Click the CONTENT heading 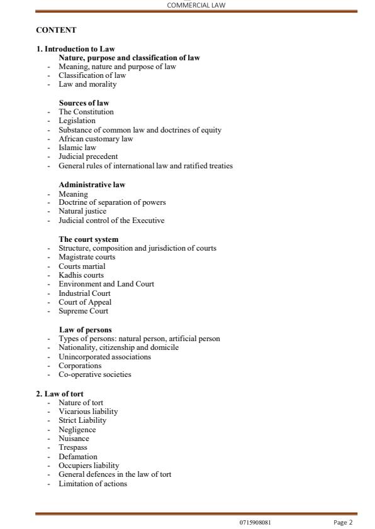56,30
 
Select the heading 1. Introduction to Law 76,49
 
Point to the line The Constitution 86,112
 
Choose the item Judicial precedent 88,156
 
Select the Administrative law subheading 92,185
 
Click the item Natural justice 82,212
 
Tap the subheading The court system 89,239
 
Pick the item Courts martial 82,266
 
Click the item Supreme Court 83,311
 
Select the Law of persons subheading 86,330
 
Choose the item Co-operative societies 95,374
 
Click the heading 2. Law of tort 60,394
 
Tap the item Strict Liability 82,420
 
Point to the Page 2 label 343,522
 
